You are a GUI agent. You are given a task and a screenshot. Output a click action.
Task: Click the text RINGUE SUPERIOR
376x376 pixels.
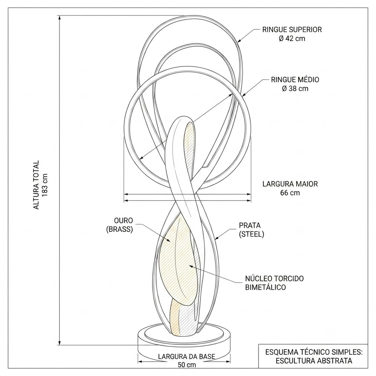click(292, 29)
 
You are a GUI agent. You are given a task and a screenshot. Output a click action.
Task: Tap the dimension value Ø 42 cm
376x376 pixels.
click(292, 38)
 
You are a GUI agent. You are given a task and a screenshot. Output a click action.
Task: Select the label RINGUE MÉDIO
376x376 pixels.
click(295, 80)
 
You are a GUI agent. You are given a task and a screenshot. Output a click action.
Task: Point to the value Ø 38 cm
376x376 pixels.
click(295, 88)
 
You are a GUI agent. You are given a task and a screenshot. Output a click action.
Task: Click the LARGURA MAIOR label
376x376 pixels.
click(290, 184)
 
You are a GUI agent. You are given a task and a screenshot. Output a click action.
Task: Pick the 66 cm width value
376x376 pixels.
click(290, 193)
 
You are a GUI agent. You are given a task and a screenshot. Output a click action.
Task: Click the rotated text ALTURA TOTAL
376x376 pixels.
click(36, 185)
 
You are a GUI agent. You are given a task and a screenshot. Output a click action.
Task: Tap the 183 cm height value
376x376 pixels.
click(45, 185)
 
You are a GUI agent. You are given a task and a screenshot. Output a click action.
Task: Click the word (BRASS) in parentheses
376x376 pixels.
click(119, 229)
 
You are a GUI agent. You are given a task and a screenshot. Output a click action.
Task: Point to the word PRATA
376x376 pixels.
click(250, 225)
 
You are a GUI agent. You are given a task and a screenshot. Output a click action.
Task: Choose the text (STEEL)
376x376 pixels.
click(252, 234)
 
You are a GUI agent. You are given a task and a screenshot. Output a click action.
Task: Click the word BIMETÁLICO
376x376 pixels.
click(265, 287)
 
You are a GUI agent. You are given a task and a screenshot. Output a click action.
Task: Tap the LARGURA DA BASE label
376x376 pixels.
click(187, 356)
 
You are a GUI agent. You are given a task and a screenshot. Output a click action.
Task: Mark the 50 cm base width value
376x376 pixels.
click(187, 365)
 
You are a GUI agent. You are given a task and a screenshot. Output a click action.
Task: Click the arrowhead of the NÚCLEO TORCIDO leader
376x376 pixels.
click(191, 266)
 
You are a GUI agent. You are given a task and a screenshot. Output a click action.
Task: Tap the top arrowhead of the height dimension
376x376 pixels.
click(59, 18)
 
